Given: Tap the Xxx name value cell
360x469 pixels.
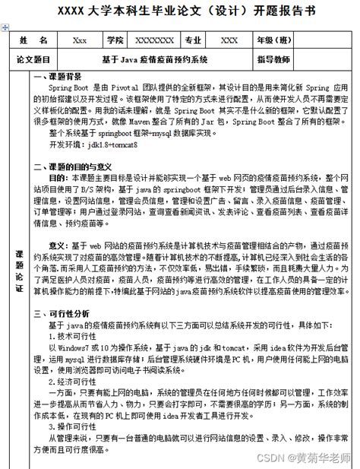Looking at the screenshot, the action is [79, 40].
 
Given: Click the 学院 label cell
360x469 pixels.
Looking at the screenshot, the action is [115, 40].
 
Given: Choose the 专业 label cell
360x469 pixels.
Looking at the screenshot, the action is [194, 40].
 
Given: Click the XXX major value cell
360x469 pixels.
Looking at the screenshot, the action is [229, 40].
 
